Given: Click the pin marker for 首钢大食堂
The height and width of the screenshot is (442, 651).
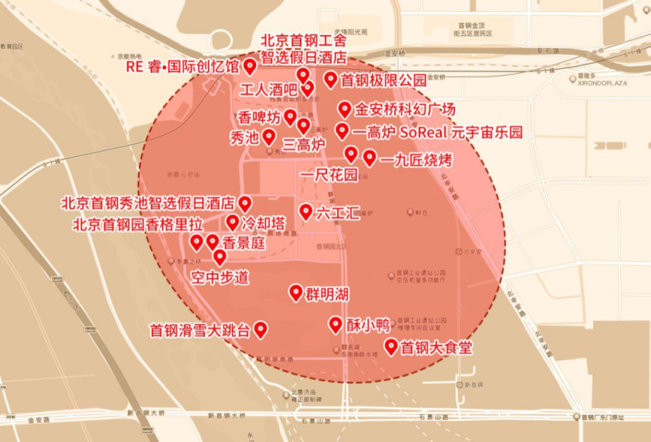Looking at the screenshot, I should pos(391,346).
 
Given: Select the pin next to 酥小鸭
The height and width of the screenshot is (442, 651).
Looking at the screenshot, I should pos(336,324).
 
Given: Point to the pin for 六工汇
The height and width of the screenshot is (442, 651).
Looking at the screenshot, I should pos(305,211).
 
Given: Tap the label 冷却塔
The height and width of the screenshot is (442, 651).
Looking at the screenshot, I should pos(264,223).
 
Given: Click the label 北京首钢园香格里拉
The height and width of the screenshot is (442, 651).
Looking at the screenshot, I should pos(138,224).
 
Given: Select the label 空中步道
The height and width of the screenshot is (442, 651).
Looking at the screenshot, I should pos(219,277).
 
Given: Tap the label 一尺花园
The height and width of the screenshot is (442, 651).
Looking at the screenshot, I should pos(329,176).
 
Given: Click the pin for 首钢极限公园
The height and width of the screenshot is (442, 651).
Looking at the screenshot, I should pos(330,78).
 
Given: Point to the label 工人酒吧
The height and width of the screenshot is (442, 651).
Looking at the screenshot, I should pos(268,89).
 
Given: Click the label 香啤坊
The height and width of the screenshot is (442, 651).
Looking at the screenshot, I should pos(259,118).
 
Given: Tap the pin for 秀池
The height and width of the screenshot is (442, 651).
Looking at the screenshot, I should pos(268,137).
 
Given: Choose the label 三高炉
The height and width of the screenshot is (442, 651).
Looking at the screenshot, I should pos(304,143).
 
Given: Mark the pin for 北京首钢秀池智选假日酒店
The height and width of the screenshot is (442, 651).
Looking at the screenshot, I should pos(245,203).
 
